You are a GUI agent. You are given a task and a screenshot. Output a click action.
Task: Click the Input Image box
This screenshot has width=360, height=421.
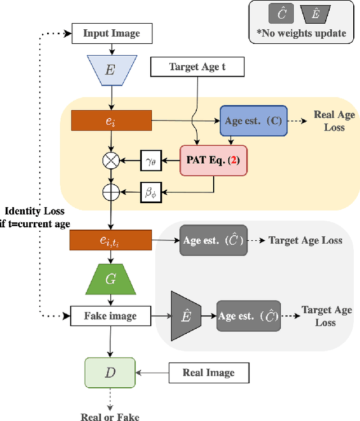pyautogui.click(x=111, y=33)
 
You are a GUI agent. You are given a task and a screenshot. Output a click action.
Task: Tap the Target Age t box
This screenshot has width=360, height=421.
pyautogui.click(x=197, y=68)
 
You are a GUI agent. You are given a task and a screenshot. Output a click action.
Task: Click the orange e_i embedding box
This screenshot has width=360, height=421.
pyautogui.click(x=111, y=120)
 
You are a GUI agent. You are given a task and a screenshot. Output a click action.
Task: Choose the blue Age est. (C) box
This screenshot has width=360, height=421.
pyautogui.click(x=253, y=120)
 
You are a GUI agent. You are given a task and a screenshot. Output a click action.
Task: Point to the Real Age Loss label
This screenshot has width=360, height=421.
pyautogui.click(x=334, y=120)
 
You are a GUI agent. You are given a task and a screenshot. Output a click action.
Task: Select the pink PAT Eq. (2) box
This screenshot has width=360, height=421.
pyautogui.click(x=213, y=160)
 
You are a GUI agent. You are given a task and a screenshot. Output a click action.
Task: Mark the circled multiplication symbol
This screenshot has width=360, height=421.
pyautogui.click(x=111, y=161)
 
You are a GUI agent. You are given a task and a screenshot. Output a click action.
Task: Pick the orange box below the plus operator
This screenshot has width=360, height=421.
pyautogui.click(x=111, y=240)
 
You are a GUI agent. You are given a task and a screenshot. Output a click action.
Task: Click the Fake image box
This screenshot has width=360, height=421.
pyautogui.click(x=111, y=316)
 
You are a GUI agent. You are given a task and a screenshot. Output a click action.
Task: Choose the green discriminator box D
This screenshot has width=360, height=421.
pyautogui.click(x=111, y=372)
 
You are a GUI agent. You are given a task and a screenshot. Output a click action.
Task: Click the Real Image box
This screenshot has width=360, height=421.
pyautogui.click(x=208, y=372)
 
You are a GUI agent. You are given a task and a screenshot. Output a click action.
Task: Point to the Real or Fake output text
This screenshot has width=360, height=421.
pyautogui.click(x=111, y=416)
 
